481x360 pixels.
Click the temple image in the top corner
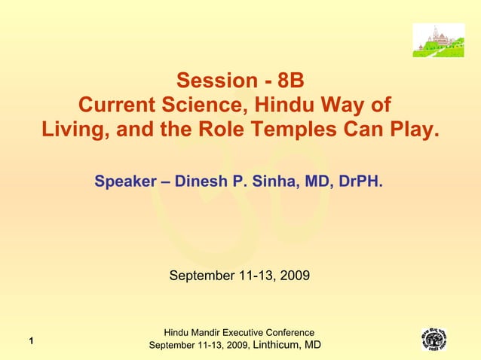(438, 40)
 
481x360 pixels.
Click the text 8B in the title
(290, 81)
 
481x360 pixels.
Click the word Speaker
(124, 182)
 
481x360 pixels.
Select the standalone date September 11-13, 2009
(239, 276)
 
